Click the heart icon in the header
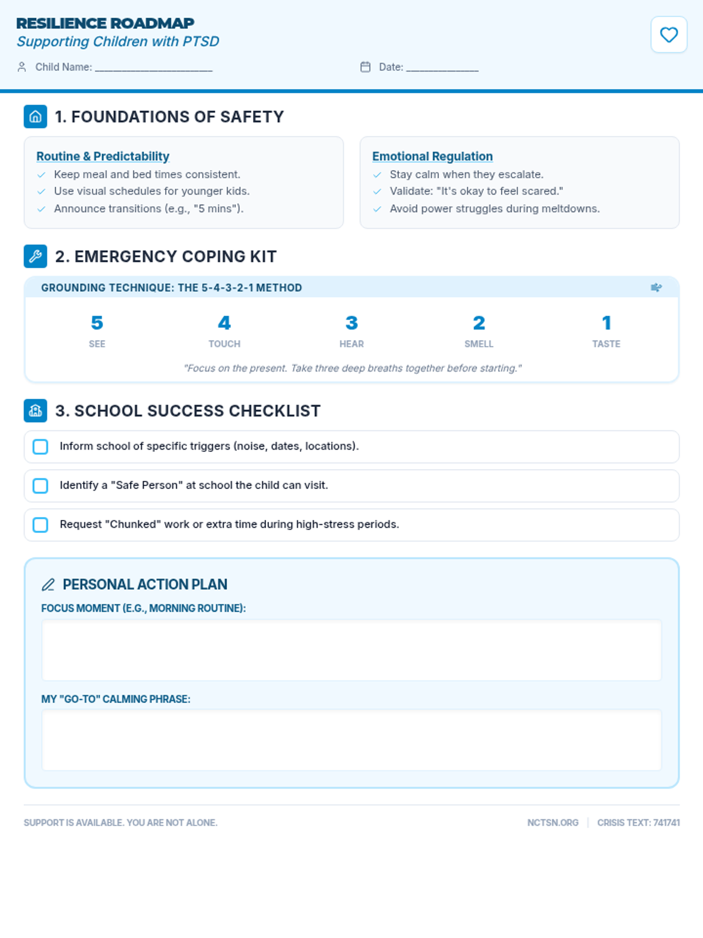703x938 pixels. point(668,35)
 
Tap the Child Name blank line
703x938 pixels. point(153,68)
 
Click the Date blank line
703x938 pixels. point(442,68)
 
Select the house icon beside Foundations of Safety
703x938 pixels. point(35,117)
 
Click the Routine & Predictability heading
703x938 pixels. point(103,157)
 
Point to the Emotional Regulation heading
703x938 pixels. point(432,157)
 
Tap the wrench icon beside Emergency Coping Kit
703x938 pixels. point(35,256)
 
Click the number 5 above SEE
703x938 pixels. point(97,323)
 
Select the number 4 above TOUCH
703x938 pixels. point(224,323)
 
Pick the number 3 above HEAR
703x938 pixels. point(351,323)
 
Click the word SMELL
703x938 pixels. point(479,344)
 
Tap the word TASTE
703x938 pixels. point(606,344)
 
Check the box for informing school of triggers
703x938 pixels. point(40,447)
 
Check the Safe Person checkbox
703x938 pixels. point(40,486)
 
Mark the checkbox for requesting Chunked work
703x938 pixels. point(40,525)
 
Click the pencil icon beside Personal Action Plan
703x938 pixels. point(48,584)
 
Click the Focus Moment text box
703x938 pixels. point(351,650)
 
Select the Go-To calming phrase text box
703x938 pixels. point(351,740)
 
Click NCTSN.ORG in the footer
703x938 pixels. point(552,823)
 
